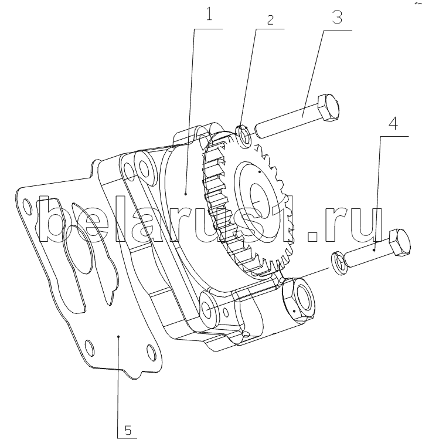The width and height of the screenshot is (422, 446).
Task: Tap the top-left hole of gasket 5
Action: [x=25, y=205]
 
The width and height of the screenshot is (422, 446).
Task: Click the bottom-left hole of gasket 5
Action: [x=90, y=346]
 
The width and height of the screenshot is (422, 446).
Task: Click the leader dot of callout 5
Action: [x=119, y=336]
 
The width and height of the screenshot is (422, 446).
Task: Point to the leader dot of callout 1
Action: [x=185, y=192]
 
